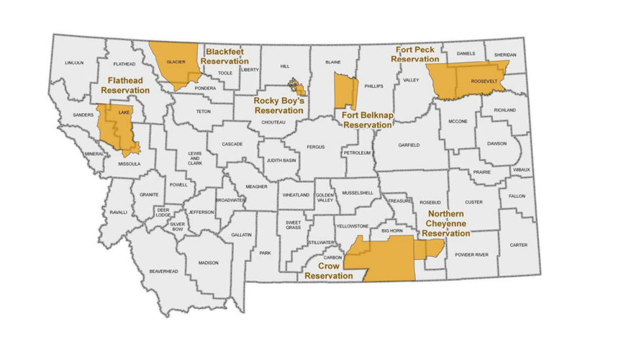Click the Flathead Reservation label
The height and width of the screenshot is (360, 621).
point(125,85)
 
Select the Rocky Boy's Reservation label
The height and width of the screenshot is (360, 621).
point(279,106)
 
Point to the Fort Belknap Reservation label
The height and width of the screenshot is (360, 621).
point(371,120)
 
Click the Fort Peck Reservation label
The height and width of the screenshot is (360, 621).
point(415,54)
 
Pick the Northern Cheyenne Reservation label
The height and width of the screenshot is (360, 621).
point(448,223)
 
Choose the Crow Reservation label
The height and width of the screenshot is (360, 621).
point(328,270)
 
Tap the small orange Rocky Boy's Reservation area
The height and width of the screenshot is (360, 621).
point(296,87)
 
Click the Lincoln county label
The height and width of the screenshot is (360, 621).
point(74,63)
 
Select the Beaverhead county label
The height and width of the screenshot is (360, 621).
point(163,271)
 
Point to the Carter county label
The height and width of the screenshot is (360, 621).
point(518,245)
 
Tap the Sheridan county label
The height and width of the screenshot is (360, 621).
point(505,55)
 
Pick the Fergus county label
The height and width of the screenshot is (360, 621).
point(316,147)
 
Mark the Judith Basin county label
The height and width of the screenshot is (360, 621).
point(281,161)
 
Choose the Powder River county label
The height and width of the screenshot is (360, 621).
point(471,255)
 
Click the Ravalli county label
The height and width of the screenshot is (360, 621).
point(118,212)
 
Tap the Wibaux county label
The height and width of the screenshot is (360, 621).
point(522,170)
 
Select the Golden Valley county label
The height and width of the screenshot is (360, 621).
point(325,197)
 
